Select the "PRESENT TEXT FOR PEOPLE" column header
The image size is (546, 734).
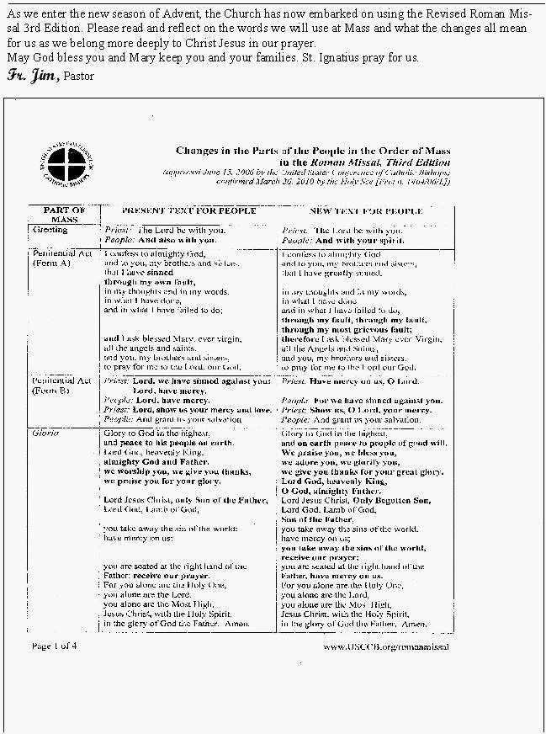click(x=188, y=210)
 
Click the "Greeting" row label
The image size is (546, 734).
click(x=48, y=229)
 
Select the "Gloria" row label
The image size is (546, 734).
click(x=46, y=432)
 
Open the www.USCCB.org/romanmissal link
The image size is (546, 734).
click(x=385, y=646)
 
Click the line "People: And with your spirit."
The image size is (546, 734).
click(x=341, y=240)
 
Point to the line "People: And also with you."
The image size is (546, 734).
click(x=159, y=240)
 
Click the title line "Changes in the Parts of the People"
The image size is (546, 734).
click(x=312, y=151)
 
